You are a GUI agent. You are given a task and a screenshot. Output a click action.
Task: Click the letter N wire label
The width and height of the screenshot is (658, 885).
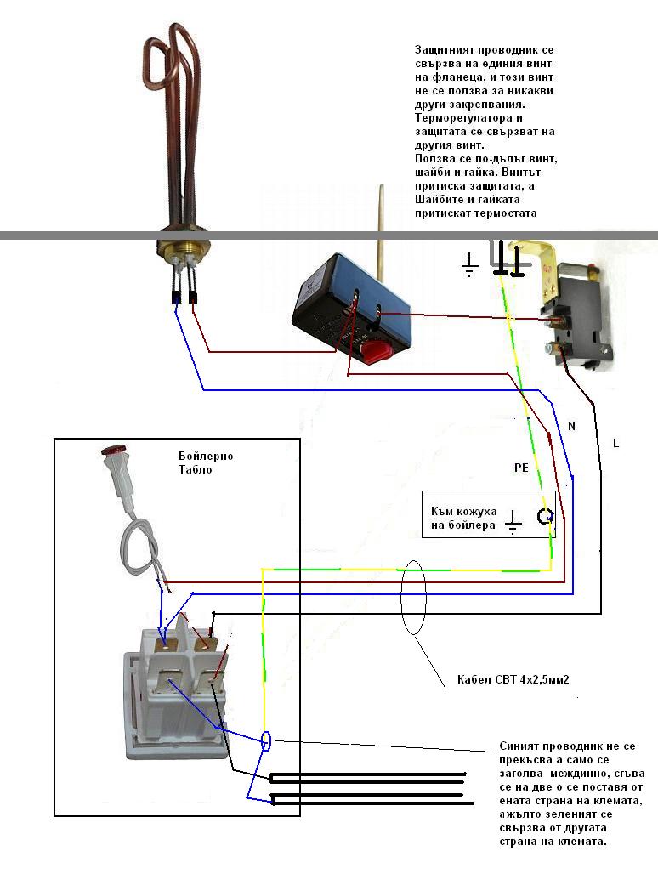pos(571,426)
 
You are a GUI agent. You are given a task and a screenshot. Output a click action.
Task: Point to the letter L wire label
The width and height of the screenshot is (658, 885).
pos(615,444)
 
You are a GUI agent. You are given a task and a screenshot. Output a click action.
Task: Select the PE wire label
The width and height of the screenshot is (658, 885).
pos(521,468)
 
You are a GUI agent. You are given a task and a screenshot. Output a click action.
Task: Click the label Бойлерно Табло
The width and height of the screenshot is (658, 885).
pos(206,462)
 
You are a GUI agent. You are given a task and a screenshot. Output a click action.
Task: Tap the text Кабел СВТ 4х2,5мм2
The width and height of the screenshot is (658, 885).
pos(513,679)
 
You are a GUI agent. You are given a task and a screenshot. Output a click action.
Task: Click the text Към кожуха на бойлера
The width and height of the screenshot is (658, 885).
pos(464,518)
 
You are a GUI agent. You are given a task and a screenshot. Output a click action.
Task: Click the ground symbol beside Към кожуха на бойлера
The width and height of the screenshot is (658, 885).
pos(513,522)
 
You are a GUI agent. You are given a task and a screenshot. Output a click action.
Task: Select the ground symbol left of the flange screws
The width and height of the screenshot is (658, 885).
pos(469,264)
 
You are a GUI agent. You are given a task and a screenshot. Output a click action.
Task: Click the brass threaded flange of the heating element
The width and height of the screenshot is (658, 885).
pos(184,247)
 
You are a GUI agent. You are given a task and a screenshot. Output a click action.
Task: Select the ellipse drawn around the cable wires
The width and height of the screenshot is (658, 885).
pos(413,598)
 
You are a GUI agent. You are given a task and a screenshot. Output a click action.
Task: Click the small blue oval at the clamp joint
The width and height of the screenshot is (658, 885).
pos(266,740)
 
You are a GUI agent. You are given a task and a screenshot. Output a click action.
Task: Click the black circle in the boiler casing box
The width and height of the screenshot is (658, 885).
pos(545,516)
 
